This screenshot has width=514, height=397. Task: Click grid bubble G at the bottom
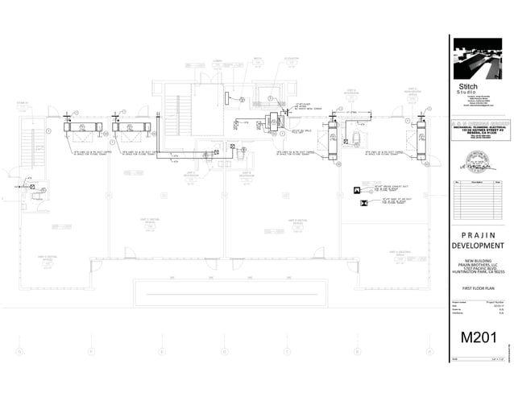[x=17, y=352]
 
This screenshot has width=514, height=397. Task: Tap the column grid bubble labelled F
[x=91, y=352]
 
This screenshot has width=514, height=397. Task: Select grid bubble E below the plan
[x=161, y=352]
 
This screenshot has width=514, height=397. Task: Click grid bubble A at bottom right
[x=430, y=352]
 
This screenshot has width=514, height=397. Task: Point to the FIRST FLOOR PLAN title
[x=479, y=287]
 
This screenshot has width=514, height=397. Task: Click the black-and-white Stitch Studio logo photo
[x=478, y=58]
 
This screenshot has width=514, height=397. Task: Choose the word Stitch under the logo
[x=468, y=86]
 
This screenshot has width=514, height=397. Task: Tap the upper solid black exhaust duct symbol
[x=356, y=188]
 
